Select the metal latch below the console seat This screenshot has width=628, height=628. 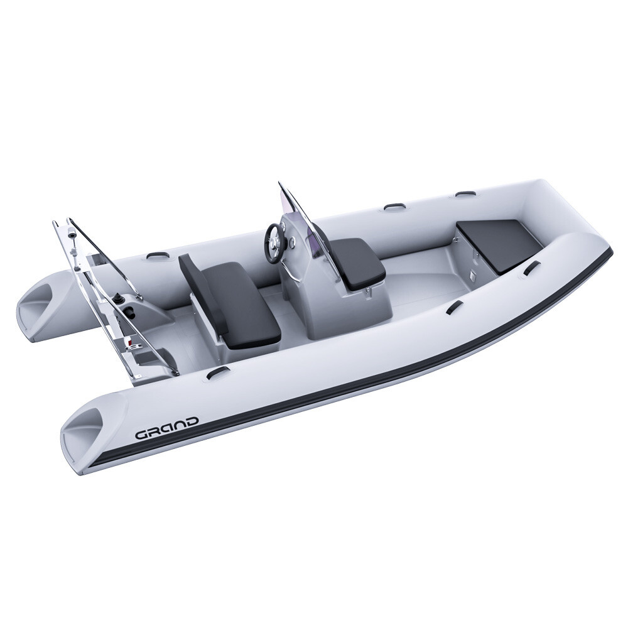pyautogui.click(x=364, y=290)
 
